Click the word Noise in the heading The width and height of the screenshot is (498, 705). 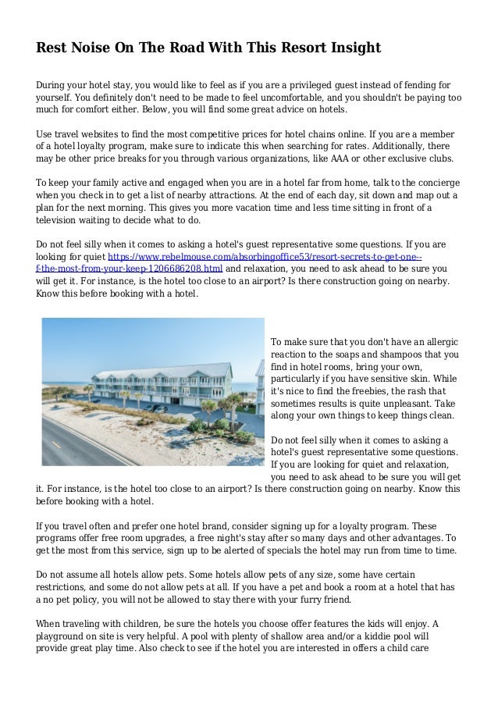(x=93, y=48)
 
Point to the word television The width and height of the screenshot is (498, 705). (x=62, y=221)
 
